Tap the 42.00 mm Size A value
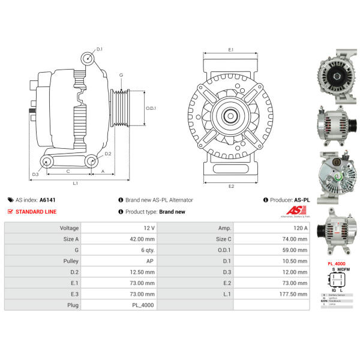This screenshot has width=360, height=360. [x=141, y=239]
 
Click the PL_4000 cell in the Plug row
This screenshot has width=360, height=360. [x=142, y=305]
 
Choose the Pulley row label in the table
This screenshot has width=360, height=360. [x=70, y=261]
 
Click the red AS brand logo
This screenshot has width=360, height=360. [x=296, y=211]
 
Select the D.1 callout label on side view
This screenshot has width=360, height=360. [x=100, y=49]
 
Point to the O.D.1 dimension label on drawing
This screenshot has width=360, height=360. [x=151, y=108]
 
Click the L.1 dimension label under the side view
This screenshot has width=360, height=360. [x=74, y=183]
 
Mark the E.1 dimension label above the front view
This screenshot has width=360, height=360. [x=231, y=50]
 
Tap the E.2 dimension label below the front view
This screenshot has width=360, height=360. [x=231, y=186]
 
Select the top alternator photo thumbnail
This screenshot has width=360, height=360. [x=337, y=79]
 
